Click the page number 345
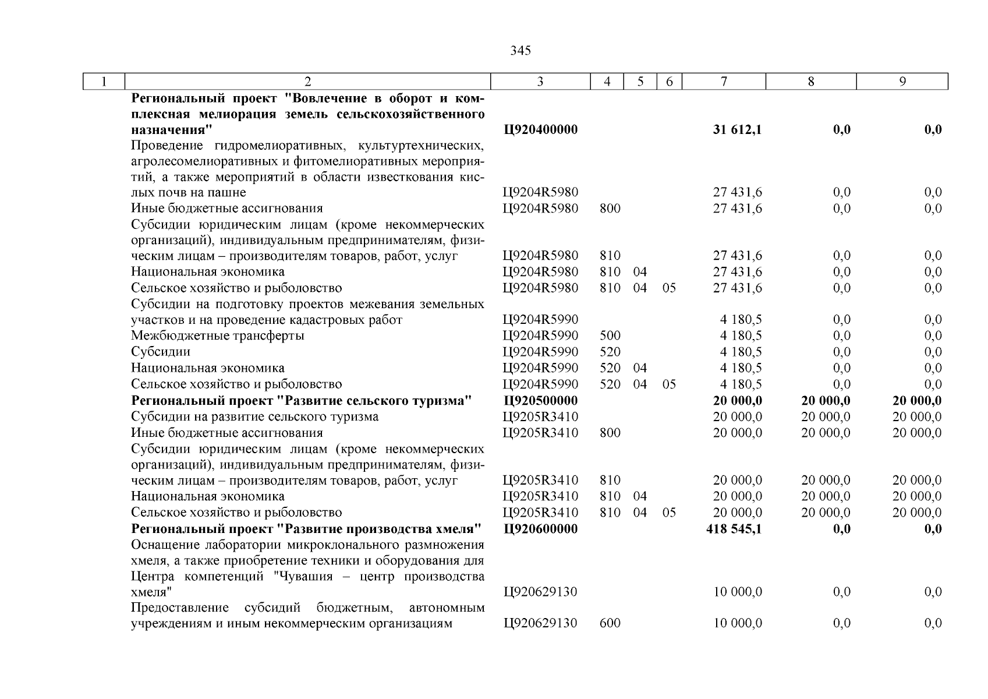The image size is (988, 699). click(520, 51)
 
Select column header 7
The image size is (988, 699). click(723, 82)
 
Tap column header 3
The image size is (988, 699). click(540, 82)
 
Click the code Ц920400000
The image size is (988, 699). click(540, 129)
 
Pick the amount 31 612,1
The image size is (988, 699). click(737, 129)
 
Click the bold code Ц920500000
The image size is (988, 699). click(540, 401)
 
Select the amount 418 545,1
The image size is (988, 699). click(734, 529)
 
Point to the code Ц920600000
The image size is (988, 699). click(540, 529)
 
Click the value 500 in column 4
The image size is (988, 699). click(610, 336)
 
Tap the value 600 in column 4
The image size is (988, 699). click(610, 623)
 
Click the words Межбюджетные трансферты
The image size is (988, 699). click(217, 336)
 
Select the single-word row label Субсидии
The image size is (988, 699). click(160, 352)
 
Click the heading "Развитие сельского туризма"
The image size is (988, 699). click(301, 401)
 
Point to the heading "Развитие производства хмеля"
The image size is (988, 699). click(306, 529)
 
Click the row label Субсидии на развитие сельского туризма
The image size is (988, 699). click(254, 416)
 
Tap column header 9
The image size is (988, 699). click(902, 82)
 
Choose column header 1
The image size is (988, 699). click(104, 82)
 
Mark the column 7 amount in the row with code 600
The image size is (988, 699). click(737, 623)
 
